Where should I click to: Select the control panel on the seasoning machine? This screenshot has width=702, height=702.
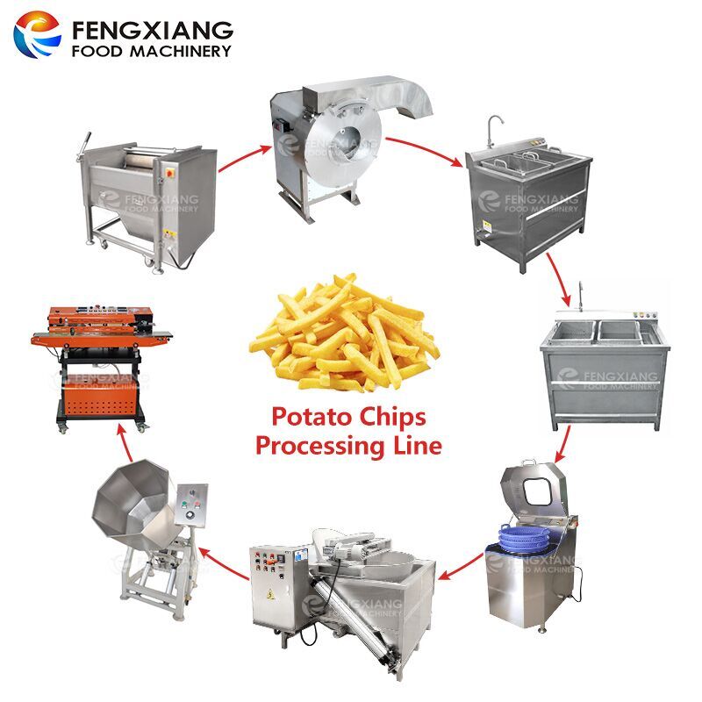pos(188,507)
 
